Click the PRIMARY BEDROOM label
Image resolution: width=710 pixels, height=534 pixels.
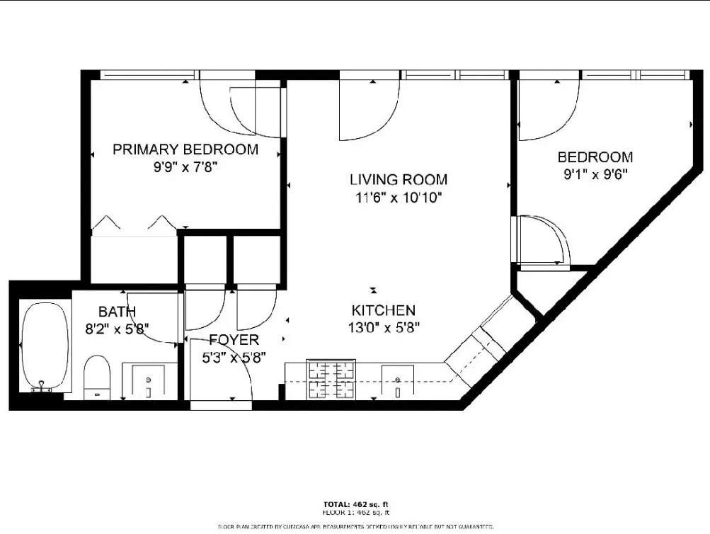click(185, 149)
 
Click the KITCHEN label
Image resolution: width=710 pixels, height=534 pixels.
click(384, 310)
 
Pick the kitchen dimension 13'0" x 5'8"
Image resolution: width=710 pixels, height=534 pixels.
click(384, 328)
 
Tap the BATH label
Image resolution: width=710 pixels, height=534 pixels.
click(117, 312)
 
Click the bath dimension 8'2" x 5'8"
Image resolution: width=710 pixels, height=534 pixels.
click(117, 329)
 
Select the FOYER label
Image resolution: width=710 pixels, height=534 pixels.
click(234, 341)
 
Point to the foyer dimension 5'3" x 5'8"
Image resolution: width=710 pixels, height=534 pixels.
click(234, 358)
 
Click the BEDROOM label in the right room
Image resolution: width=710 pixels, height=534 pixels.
click(595, 157)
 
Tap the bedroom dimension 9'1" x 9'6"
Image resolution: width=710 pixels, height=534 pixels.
click(595, 174)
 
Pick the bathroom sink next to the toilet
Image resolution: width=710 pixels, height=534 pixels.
click(149, 382)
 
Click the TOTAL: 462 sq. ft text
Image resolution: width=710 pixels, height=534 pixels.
click(355, 504)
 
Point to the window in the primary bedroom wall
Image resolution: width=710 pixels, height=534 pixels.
click(147, 74)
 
